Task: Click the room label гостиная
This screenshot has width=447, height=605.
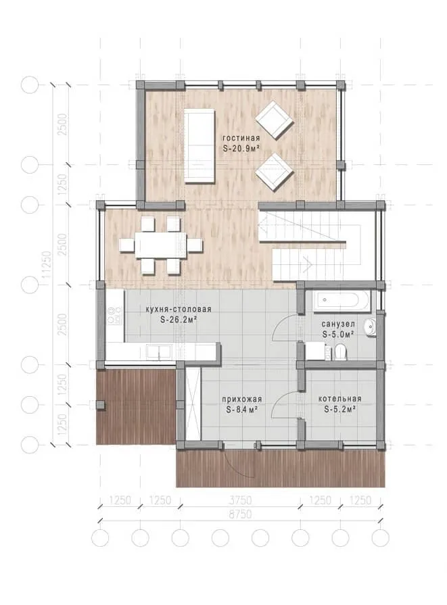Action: (241, 138)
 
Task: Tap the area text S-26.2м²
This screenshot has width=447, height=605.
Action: (179, 320)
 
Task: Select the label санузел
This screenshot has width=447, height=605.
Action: (338, 324)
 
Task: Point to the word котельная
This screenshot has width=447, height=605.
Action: (339, 399)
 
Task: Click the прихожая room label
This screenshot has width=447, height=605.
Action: (241, 399)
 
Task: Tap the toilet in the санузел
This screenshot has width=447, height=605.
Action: (341, 352)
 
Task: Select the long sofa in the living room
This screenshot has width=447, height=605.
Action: (199, 145)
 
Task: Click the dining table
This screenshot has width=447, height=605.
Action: (160, 245)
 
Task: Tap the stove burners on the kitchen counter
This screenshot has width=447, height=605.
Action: (115, 315)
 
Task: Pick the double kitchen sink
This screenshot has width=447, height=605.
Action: (159, 352)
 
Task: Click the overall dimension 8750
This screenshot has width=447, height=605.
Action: (240, 514)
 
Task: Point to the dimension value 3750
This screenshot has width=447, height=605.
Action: (240, 500)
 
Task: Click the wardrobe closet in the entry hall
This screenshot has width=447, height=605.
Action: (193, 404)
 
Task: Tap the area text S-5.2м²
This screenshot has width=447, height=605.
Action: (339, 410)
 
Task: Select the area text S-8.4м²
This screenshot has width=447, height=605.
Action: (242, 410)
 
